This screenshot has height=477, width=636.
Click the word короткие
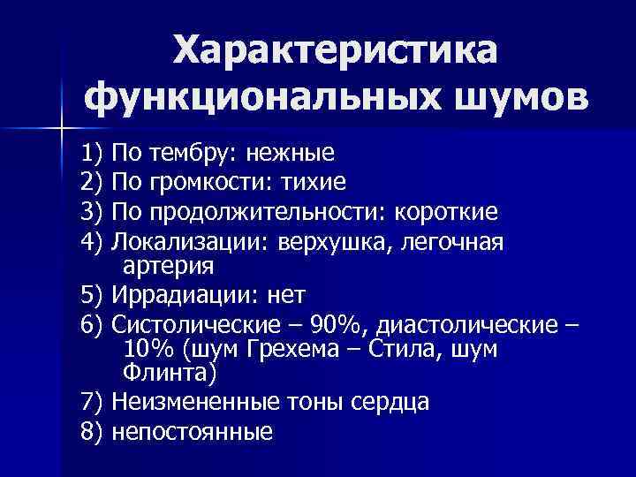point(447,212)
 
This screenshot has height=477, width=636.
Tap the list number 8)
point(92,432)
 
